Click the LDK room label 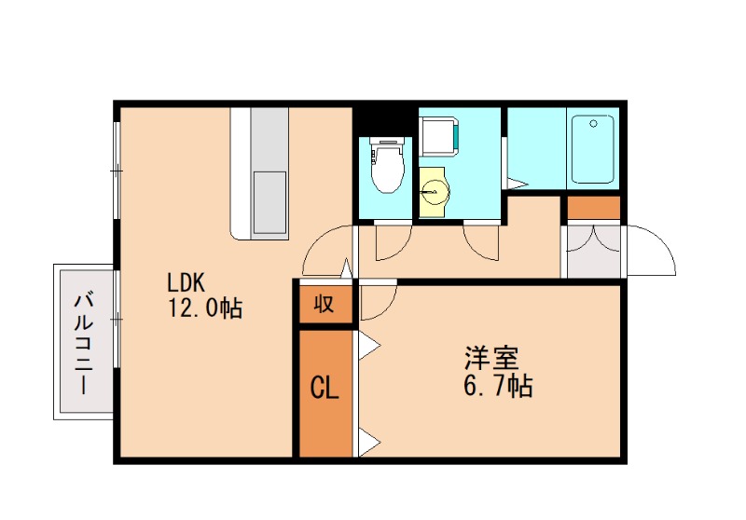(192, 281)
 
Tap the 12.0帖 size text (204, 308)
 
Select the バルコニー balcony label (84, 342)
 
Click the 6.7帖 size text (499, 386)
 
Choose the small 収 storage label (324, 304)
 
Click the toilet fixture (386, 164)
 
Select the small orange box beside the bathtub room (593, 208)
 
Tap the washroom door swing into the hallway (483, 243)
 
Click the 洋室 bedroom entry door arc (379, 300)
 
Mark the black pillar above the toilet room (384, 121)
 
